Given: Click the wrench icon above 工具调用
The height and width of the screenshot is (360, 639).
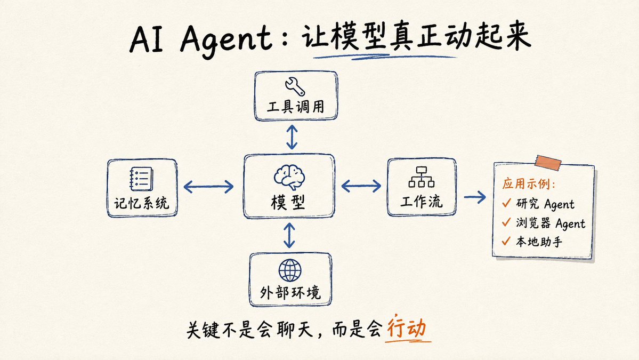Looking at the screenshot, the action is point(295,86).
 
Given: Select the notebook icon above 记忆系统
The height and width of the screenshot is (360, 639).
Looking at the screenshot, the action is point(141,179).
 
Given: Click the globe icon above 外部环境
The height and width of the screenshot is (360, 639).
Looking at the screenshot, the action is point(290,270).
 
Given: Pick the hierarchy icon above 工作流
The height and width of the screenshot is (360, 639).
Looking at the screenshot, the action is point(422,177).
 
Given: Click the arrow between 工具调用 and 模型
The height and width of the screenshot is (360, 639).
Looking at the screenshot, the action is point(292,137).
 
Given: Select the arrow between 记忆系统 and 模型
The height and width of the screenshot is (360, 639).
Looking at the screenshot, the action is point(209,187).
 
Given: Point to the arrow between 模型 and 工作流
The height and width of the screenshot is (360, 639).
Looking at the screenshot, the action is point(361,186).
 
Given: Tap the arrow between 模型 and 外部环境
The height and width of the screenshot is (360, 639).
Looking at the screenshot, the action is point(289,235).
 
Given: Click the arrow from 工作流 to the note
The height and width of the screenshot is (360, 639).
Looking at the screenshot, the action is point(475,197).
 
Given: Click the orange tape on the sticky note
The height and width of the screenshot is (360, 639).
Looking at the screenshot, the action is point(548,162).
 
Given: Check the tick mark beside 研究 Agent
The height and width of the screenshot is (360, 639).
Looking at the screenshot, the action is point(506,203).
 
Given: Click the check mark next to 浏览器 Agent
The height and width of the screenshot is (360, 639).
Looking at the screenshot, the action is point(506,222).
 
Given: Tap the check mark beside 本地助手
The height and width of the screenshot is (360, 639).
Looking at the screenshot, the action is point(506,241).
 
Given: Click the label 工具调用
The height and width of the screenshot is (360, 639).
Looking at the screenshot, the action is point(296,107).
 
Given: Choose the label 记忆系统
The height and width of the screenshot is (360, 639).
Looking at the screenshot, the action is point(141,203).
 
